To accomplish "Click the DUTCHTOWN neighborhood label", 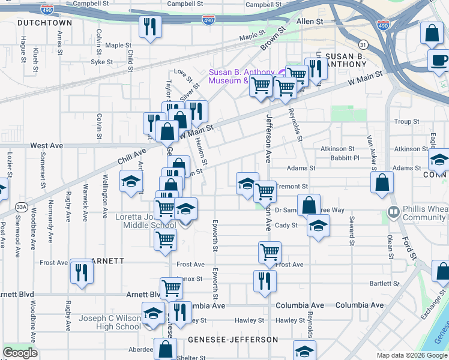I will coord(44,23).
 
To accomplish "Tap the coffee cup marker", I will coord(439,61).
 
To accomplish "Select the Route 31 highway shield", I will coord(363,45).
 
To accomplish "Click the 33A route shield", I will coord(22,206).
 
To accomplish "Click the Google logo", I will coord(20,353).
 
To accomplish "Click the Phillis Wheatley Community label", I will coord(420,214).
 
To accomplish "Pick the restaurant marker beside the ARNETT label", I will coord(80,271).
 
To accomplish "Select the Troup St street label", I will coord(407,122).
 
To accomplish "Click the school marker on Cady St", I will coord(318,226).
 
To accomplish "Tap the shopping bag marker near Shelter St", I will coord(164,348).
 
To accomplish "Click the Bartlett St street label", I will coord(384,283).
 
